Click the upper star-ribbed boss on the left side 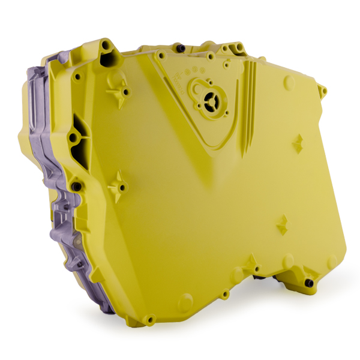click(x=116, y=88)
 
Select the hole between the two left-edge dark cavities click(x=73, y=139)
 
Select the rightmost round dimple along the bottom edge click(x=332, y=262)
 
